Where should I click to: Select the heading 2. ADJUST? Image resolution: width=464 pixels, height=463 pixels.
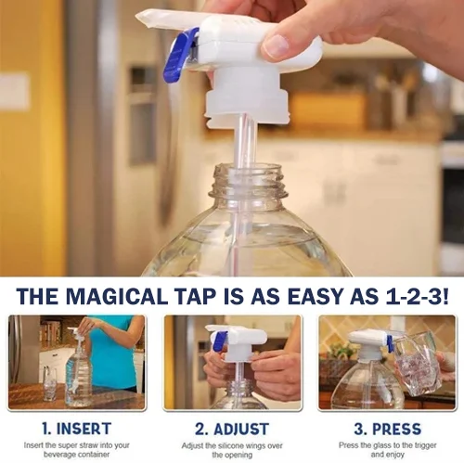(x=231, y=429)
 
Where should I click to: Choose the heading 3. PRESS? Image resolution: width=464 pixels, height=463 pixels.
(x=388, y=429)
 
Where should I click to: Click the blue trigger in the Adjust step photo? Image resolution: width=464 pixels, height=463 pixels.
(x=220, y=341)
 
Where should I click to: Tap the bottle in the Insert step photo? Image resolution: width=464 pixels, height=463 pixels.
(x=78, y=376)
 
